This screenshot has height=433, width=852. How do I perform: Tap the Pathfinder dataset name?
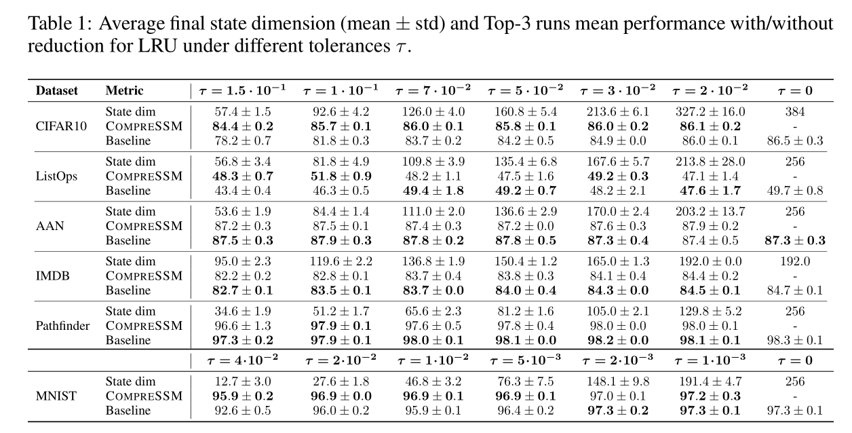pos(62,326)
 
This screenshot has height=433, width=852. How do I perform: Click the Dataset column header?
pos(56,91)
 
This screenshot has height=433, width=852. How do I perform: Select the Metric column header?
pos(124,91)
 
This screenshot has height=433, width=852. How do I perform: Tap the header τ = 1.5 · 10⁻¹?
pos(242,90)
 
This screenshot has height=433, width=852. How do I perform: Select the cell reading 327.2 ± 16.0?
pos(708,112)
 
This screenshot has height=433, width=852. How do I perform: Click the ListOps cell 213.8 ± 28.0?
pos(708,162)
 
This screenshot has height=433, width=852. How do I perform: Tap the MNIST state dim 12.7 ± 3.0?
pos(242,381)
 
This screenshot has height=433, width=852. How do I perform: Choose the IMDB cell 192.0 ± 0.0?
pos(708,261)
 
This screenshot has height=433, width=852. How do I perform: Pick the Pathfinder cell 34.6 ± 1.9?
pos(242,312)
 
